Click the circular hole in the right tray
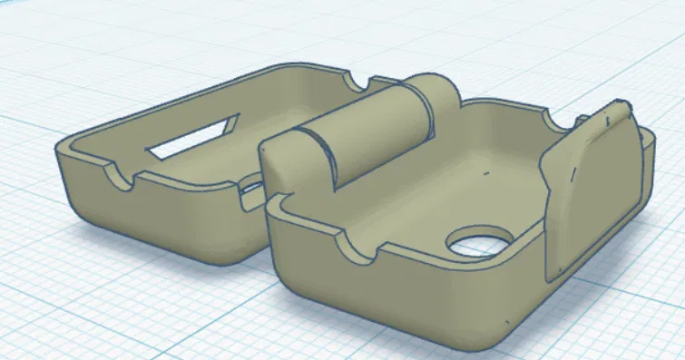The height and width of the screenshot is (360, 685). [x=480, y=242]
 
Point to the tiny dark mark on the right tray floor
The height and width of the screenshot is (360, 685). [x=486, y=170]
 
